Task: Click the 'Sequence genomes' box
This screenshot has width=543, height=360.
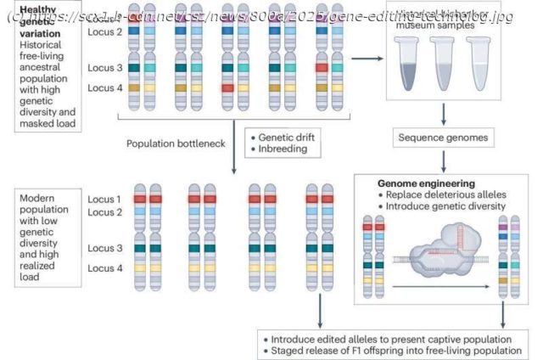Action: tap(443, 137)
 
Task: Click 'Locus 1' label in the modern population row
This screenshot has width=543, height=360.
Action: tap(104, 199)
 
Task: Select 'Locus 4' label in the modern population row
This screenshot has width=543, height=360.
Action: tap(104, 267)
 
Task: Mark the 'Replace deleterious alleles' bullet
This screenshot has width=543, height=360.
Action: tap(448, 194)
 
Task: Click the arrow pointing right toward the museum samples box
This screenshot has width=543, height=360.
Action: tap(366, 58)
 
